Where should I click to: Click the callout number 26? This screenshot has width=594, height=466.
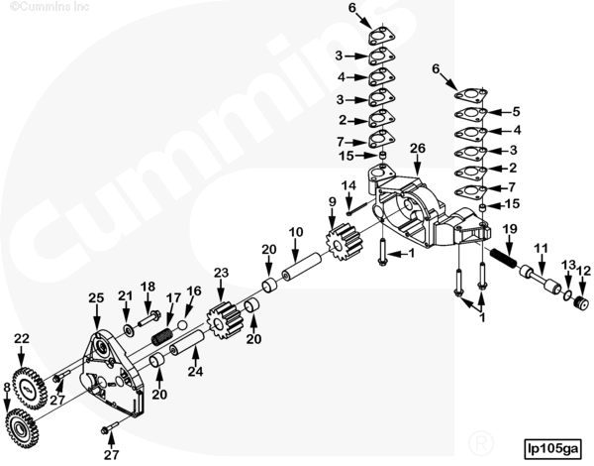click(418, 148)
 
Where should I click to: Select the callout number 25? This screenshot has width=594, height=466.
click(96, 297)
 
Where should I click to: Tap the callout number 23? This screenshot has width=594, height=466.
click(221, 272)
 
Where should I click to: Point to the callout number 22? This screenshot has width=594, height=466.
click(22, 339)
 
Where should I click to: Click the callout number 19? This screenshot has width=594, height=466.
click(509, 229)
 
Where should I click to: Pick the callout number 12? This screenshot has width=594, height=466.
click(583, 269)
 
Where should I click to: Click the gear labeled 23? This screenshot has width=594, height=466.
click(224, 319)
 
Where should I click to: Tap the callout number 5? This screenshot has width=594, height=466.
click(515, 111)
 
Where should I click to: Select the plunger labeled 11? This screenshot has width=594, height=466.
click(545, 285)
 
